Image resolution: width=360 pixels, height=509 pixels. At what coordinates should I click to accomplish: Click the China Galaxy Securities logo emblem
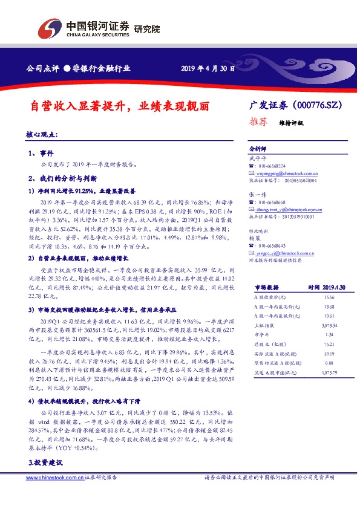pos(50,28)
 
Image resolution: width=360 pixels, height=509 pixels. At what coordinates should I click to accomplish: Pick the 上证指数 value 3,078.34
pos(329,325)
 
